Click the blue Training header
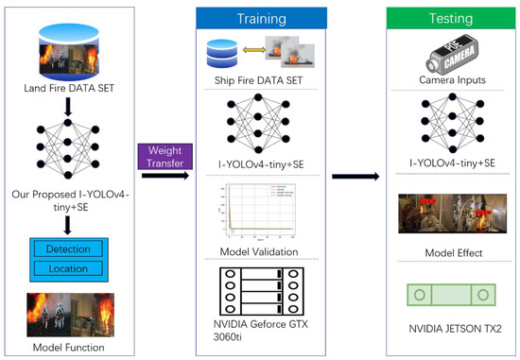[260, 17]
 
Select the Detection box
[67, 249]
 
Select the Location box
[67, 269]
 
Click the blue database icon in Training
[224, 51]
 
